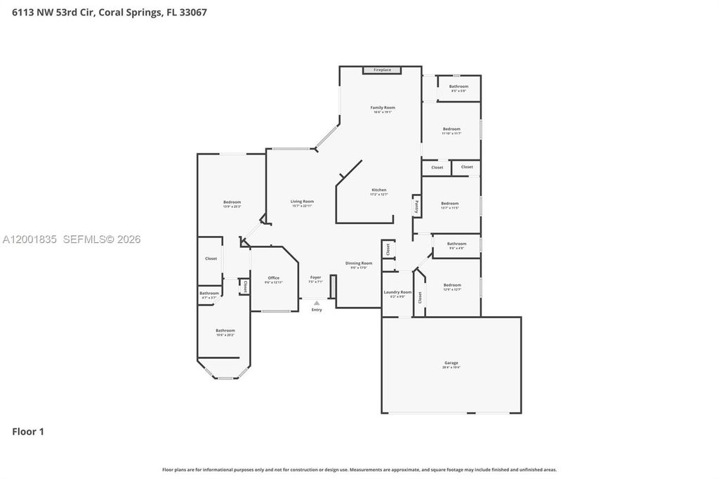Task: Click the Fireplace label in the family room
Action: pos(382,70)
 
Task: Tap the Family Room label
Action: pos(383,107)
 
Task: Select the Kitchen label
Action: pos(379,190)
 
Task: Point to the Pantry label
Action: pos(416,206)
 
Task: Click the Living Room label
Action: pos(302,202)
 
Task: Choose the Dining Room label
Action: pos(359,263)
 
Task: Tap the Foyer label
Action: pos(316,277)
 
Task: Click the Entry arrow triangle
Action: pos(317,303)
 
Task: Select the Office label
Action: pos(274,278)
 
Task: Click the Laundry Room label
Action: pos(397,292)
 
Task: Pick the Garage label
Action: pos(451,363)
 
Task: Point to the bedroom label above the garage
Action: pos(452,285)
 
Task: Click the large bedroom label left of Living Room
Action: pos(232,202)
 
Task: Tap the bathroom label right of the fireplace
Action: pos(459,86)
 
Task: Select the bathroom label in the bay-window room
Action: pos(225,330)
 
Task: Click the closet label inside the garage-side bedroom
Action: pos(421,297)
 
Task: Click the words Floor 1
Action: pos(28,432)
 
